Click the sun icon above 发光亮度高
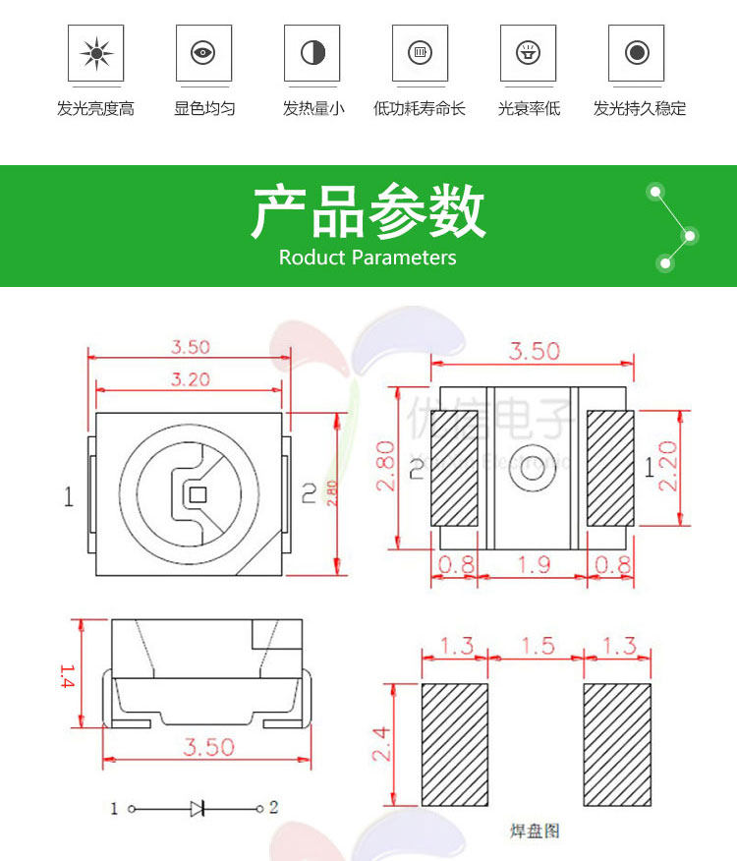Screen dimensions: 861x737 [95, 52]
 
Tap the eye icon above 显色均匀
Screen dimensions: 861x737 [203, 52]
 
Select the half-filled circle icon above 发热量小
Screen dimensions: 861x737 [312, 52]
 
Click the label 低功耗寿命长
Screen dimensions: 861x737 [420, 109]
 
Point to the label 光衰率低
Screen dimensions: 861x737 [529, 109]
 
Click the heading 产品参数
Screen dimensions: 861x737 [368, 211]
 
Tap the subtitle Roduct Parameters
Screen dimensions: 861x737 [368, 258]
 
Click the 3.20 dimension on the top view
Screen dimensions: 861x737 [191, 379]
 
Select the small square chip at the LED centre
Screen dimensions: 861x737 [196, 493]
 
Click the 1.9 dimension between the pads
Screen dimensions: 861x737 [533, 564]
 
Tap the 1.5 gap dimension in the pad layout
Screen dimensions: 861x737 [536, 646]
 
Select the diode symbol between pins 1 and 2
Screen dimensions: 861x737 [198, 808]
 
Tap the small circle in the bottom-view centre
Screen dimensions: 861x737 [532, 471]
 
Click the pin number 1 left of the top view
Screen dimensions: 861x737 [69, 497]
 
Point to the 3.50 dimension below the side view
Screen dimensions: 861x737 [208, 747]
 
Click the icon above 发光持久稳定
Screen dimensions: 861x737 [637, 52]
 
